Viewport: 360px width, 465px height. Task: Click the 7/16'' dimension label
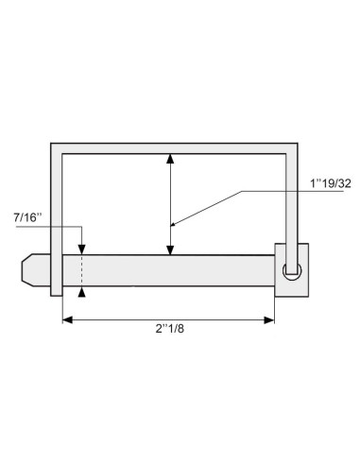coord(26,218)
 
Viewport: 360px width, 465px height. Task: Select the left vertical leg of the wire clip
coord(56,217)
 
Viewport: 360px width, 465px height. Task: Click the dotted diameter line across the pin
coord(82,269)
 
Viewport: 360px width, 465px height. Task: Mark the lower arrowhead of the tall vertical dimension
coord(169,249)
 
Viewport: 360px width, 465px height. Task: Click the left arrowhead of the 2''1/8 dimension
coord(68,321)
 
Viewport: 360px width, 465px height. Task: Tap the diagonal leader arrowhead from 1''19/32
coord(176,223)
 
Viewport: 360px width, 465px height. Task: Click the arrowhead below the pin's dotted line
coord(82,292)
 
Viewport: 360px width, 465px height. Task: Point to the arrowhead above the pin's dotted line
coord(82,249)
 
